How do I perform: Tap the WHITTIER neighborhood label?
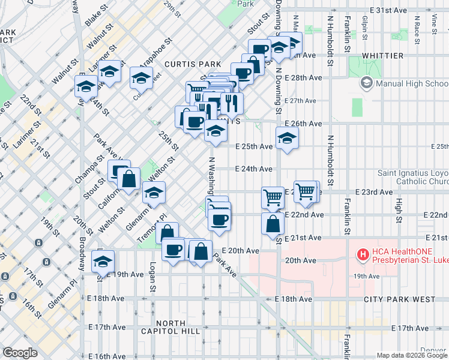pos(383,56)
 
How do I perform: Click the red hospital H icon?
pos(363,255)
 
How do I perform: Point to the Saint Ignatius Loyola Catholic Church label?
pos(413,177)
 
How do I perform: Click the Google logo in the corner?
pos(19,353)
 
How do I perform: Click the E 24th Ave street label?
pos(254,169)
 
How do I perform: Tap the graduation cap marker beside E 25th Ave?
pos(287,139)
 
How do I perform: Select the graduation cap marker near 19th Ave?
pos(103,262)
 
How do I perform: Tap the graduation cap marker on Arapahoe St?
pos(141,78)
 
